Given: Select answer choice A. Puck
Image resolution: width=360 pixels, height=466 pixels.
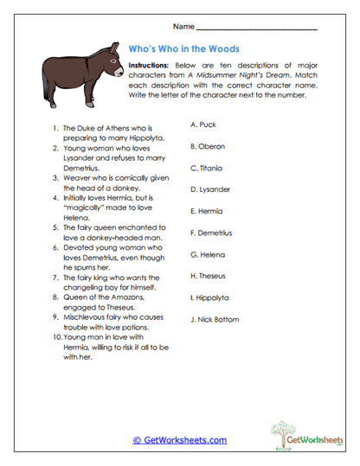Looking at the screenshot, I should click(x=202, y=124).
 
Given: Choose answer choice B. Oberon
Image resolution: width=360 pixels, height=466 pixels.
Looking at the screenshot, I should click(x=207, y=146).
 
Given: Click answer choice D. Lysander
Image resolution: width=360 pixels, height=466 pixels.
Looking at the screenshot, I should click(x=210, y=189).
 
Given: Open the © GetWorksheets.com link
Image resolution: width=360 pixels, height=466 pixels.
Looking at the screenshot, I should click(x=179, y=439).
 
